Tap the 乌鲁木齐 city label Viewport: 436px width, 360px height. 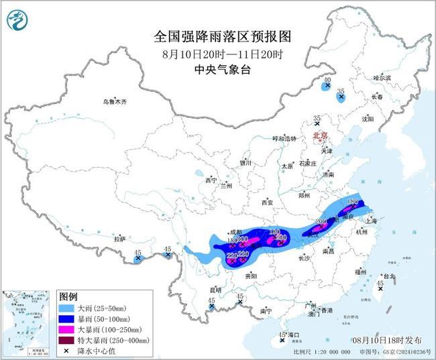[x=114, y=101]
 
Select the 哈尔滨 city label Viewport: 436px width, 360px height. [x=382, y=78]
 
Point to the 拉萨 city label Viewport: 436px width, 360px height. [x=119, y=239]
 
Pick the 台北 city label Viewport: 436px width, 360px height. [x=388, y=276]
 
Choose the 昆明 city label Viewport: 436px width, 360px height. [x=215, y=290]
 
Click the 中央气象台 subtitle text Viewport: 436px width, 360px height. [x=213, y=69]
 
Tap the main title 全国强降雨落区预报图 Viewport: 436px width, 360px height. [x=213, y=36]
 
